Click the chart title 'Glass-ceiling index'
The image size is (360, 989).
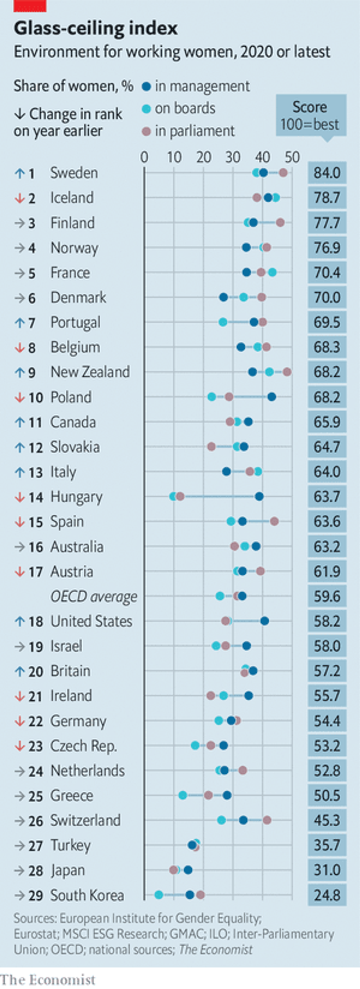tap(96, 28)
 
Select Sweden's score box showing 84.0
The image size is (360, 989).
tap(327, 173)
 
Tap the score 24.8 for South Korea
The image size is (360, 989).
tap(327, 895)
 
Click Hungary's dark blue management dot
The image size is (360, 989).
tap(259, 496)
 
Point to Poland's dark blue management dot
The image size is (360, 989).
tap(272, 397)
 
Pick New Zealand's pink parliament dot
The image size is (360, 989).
tap(287, 372)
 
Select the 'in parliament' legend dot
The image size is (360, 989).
tap(146, 132)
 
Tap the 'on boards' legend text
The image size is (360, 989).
tap(185, 109)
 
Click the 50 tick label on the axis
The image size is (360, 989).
tap(292, 157)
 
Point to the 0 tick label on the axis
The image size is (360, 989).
tap(144, 157)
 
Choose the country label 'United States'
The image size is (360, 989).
tap(91, 621)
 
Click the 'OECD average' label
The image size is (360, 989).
tap(94, 596)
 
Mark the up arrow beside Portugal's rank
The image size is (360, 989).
tap(19, 323)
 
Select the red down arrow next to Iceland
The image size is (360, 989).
tap(19, 198)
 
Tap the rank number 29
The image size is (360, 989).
tap(35, 895)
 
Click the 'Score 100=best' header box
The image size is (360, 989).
tap(311, 115)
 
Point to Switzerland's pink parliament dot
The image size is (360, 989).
tap(267, 820)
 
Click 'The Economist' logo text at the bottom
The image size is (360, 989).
tap(48, 979)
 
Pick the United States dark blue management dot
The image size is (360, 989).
tap(264, 621)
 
